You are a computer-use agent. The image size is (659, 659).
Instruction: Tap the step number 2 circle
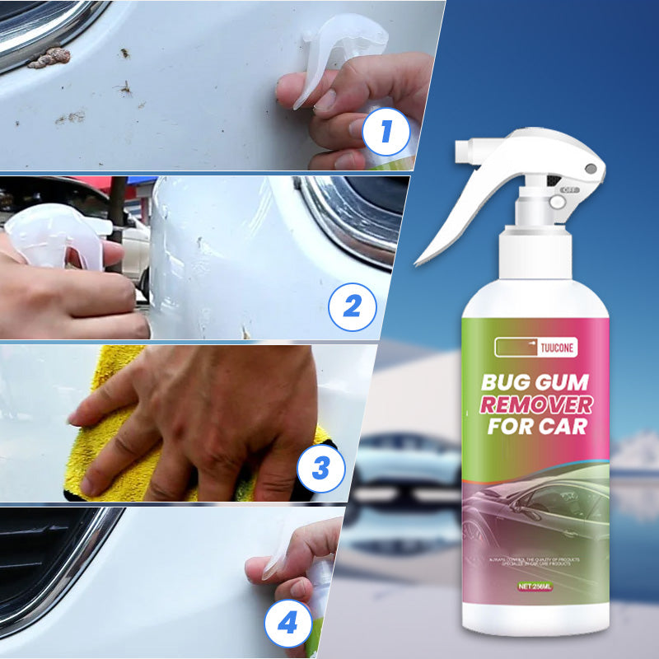pyautogui.click(x=353, y=308)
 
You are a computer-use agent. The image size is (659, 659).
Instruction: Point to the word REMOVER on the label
pyautogui.click(x=536, y=404)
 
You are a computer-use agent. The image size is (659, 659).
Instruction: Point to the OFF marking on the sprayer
pyautogui.click(x=568, y=189)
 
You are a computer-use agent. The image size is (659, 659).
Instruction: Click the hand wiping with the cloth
pyautogui.click(x=206, y=420)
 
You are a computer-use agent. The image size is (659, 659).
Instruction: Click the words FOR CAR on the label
pyautogui.click(x=535, y=427)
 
